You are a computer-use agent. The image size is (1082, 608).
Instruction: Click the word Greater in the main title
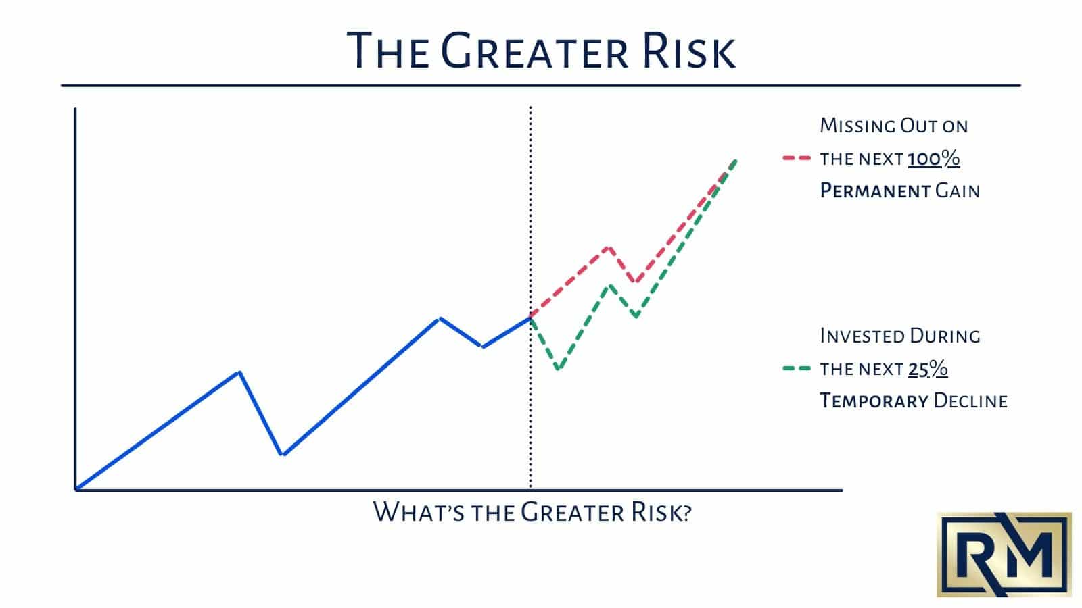click(518, 51)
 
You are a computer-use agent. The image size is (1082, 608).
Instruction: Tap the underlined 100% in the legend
click(933, 159)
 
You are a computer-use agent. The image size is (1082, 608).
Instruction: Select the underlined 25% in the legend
click(927, 369)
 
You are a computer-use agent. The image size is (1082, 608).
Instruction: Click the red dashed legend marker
click(796, 159)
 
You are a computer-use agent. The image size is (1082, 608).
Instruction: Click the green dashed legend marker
click(796, 369)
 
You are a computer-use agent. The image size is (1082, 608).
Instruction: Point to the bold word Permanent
click(875, 191)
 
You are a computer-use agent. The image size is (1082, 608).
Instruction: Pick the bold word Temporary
click(874, 401)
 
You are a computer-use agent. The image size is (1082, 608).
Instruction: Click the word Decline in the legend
click(970, 401)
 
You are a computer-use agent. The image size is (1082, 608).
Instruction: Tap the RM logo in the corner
click(1004, 554)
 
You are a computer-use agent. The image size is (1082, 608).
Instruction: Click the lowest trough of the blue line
click(283, 454)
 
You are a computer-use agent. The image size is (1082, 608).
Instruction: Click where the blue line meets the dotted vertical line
click(531, 317)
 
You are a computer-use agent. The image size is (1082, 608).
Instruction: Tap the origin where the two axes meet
click(76, 489)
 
